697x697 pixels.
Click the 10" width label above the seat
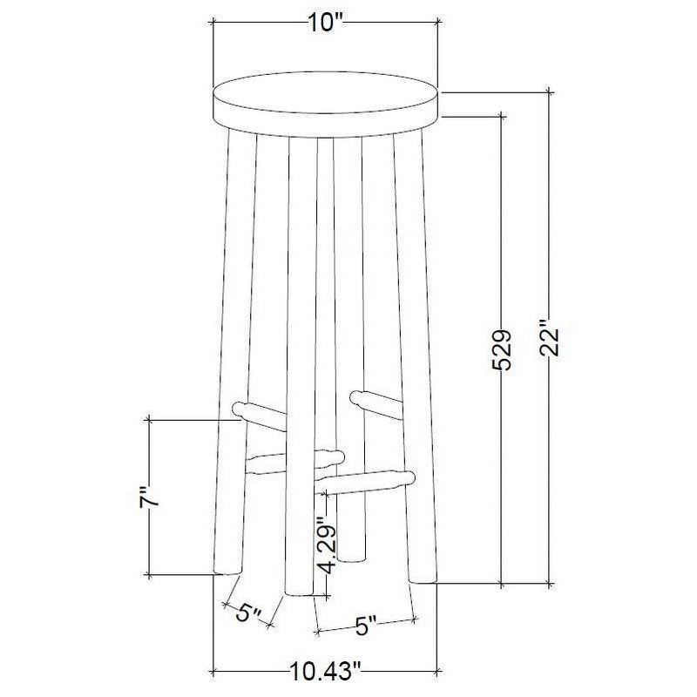(x=324, y=24)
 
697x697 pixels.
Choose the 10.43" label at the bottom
(x=324, y=671)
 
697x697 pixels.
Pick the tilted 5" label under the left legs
(x=250, y=612)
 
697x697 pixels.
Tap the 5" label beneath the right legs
(x=366, y=625)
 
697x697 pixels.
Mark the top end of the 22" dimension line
(x=549, y=89)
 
